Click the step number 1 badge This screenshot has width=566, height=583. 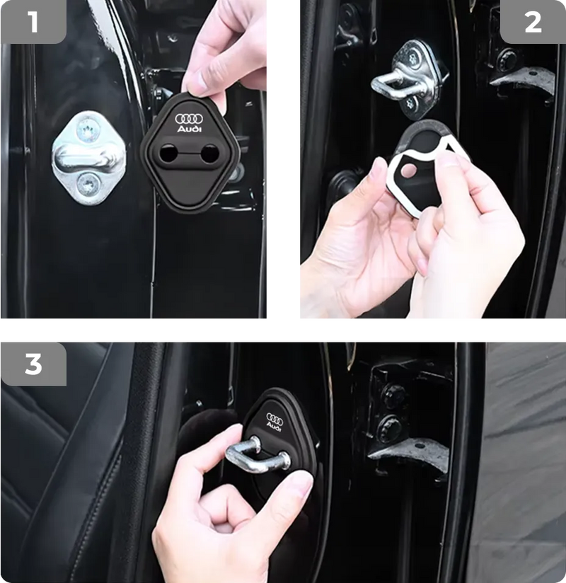click(x=33, y=22)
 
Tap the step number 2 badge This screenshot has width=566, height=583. click(x=532, y=22)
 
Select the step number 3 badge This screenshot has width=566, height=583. click(x=33, y=364)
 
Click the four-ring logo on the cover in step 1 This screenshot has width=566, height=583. click(x=189, y=120)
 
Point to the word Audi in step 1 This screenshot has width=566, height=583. click(x=189, y=130)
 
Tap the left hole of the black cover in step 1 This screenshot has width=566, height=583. click(x=170, y=153)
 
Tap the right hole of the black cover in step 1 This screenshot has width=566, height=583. click(x=209, y=153)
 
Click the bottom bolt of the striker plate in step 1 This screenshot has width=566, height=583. click(x=88, y=185)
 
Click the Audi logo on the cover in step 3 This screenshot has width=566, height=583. click(x=274, y=422)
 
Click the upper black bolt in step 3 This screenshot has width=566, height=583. click(x=394, y=397)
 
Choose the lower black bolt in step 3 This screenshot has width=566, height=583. click(x=390, y=427)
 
